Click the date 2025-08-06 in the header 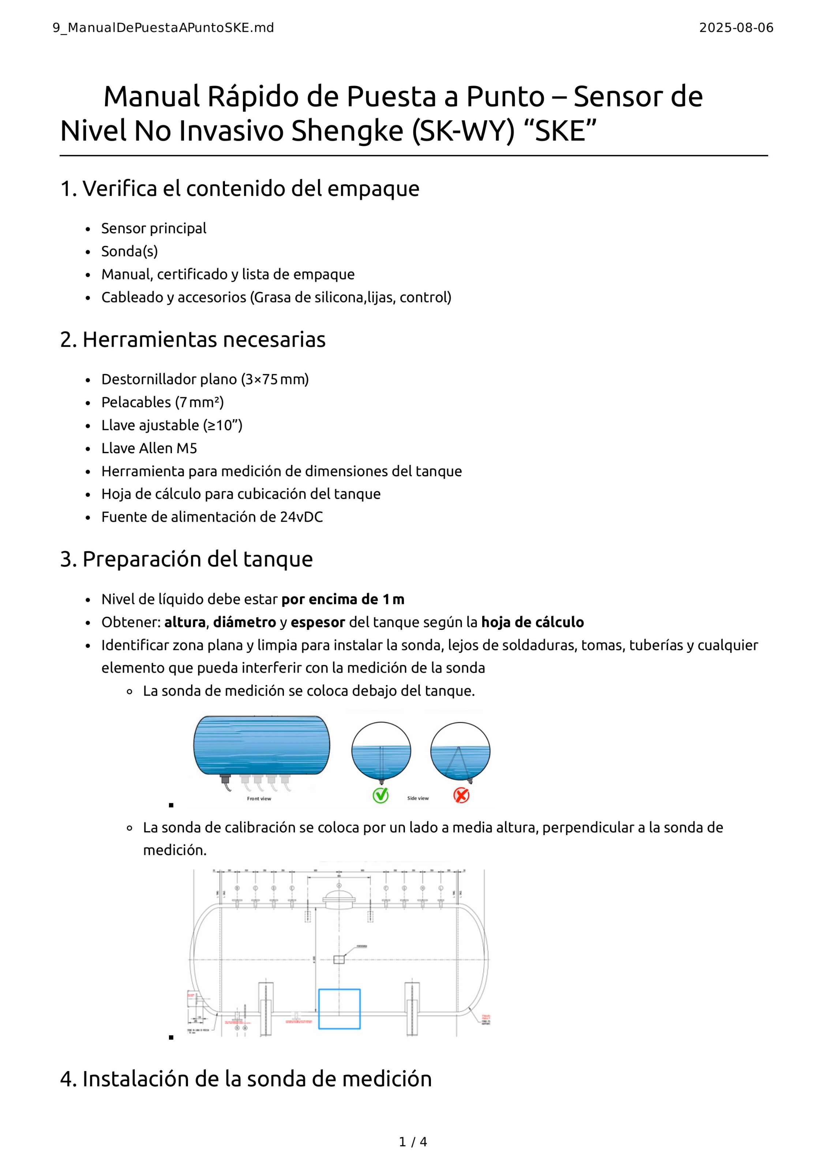[736, 28]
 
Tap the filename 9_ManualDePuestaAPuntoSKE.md [163, 28]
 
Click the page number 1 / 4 [413, 1142]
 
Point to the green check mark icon [380, 795]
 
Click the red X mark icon [461, 795]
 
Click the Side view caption [418, 798]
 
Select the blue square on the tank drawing [339, 1009]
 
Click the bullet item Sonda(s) [129, 252]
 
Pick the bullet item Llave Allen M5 [149, 448]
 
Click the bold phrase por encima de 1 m [343, 599]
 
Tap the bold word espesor [318, 622]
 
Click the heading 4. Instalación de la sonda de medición [246, 1078]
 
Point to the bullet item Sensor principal [153, 229]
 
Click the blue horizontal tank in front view [261, 745]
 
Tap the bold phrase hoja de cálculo [532, 622]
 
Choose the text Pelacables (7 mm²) [162, 402]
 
